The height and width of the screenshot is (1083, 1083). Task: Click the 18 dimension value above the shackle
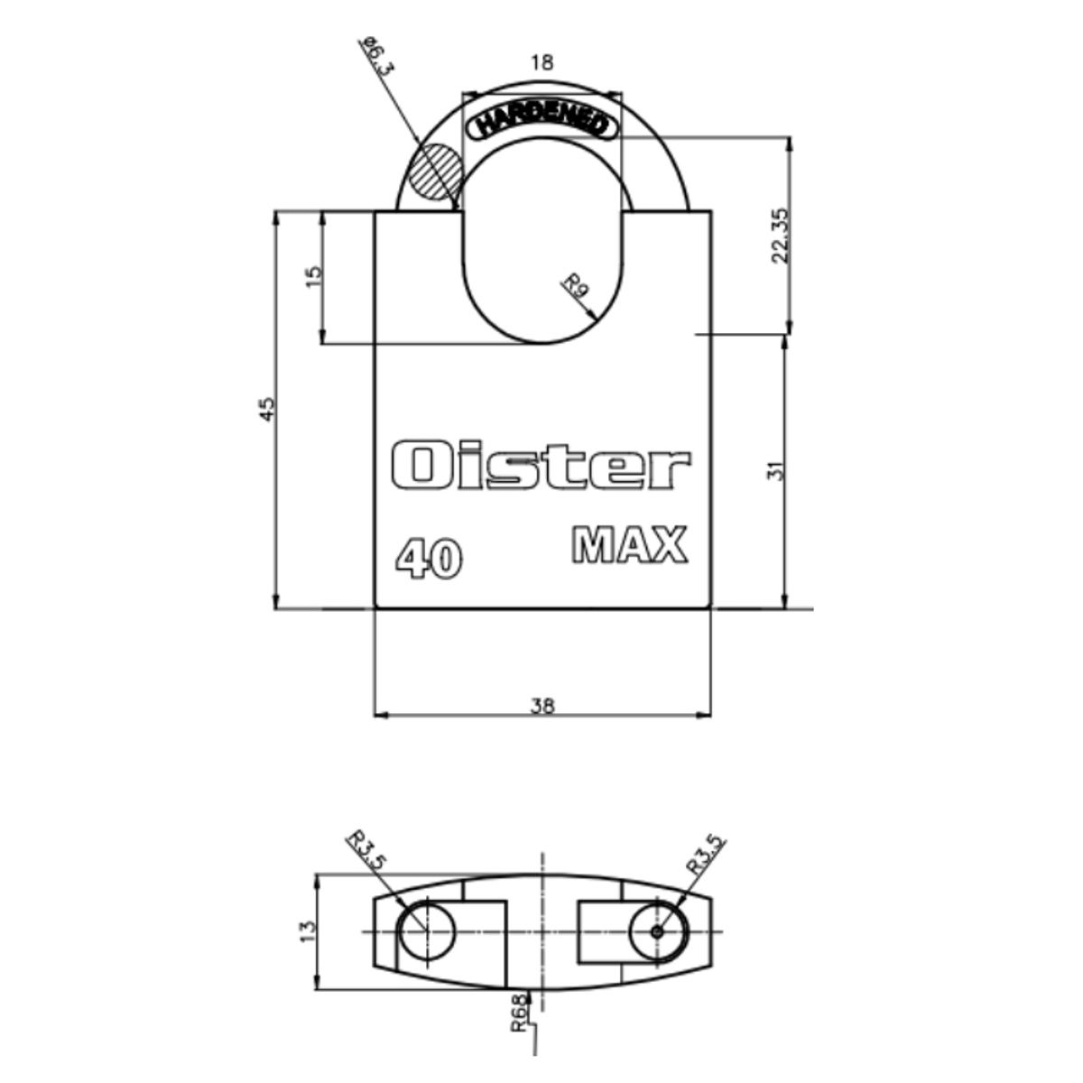click(x=541, y=63)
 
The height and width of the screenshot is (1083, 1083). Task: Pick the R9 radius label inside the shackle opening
click(x=576, y=288)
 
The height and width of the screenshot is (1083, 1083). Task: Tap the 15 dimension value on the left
click(x=313, y=276)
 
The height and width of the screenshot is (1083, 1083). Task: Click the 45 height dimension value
click(x=266, y=409)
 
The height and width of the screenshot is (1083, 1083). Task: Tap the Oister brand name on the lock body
click(x=541, y=466)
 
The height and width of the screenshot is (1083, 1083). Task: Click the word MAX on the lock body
click(x=630, y=546)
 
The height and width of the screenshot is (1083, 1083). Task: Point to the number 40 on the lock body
click(x=430, y=560)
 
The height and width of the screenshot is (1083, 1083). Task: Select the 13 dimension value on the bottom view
click(x=308, y=929)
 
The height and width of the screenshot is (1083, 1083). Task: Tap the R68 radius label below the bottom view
click(x=518, y=1012)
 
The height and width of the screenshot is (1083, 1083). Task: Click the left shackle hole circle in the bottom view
click(x=424, y=930)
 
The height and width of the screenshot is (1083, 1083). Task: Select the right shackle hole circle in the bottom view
click(x=658, y=930)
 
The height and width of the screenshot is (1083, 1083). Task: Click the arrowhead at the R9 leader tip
click(x=592, y=316)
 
